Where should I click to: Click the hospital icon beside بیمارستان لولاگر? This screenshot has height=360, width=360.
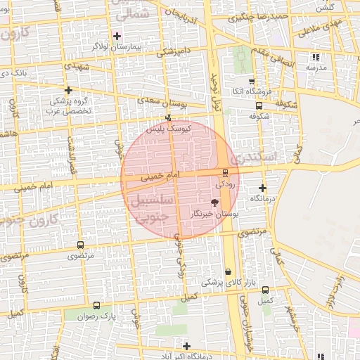click(x=117, y=35)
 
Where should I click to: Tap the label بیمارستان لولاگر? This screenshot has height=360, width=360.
click(x=117, y=46)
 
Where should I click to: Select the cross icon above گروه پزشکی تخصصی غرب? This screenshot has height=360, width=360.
click(x=68, y=90)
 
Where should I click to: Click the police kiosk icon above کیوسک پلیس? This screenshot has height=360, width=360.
click(x=167, y=118)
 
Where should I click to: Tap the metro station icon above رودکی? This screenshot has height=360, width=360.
click(x=225, y=173)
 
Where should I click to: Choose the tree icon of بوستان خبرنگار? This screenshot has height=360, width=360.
click(x=214, y=202)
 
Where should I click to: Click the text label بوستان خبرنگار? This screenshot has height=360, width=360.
click(x=214, y=212)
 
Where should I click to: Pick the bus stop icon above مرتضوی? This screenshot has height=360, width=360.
click(x=79, y=245)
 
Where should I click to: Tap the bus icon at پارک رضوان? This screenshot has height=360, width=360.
click(x=96, y=306)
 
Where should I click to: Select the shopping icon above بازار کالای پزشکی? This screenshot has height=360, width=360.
click(x=228, y=271)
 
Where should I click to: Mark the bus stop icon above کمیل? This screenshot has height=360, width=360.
click(x=265, y=290)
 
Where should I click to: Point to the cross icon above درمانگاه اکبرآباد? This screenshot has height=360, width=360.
click(x=186, y=345)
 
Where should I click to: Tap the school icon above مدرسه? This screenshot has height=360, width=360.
click(x=316, y=57)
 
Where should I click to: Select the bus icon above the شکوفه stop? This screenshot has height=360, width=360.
click(x=259, y=106)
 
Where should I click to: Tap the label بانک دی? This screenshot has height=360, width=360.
click(x=14, y=72)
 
